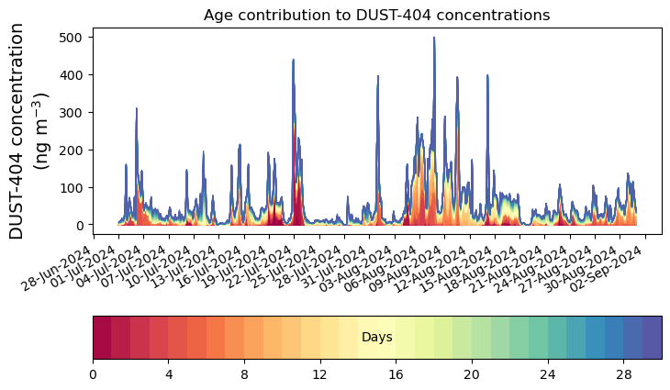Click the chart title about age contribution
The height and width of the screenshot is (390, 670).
376,15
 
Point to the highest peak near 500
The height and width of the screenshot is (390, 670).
434,39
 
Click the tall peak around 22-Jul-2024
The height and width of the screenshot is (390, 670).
293,61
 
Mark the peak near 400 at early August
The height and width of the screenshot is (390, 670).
377,77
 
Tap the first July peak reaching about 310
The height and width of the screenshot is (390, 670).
137,109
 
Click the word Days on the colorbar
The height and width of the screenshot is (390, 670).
376,338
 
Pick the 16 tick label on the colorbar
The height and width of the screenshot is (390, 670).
396,374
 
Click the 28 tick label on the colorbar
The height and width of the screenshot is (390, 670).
623,374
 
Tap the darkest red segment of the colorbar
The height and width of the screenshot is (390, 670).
102,337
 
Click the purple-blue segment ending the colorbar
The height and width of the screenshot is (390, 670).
652,337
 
